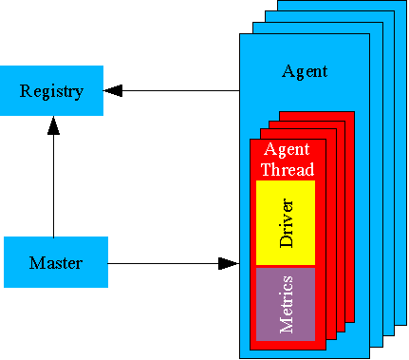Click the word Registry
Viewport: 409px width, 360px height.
[52, 91]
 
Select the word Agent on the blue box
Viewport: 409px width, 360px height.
[305, 71]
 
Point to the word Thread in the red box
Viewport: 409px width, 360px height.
[288, 170]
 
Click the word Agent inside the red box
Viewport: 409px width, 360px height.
[287, 151]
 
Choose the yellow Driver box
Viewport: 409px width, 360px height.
[286, 223]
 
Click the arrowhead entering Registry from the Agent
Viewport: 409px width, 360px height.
[115, 91]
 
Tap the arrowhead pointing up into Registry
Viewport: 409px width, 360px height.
[53, 125]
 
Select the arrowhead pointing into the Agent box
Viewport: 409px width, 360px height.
[228, 263]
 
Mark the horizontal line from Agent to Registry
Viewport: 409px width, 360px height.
[180, 91]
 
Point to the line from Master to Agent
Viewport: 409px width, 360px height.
[161, 263]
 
